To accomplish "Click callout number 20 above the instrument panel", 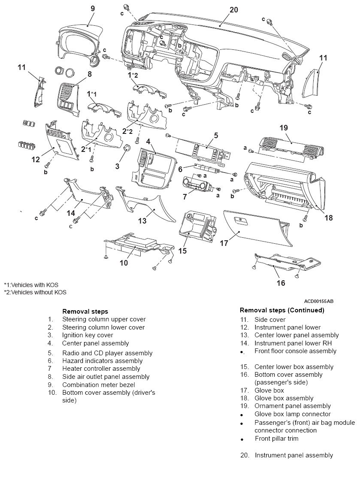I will point(233,10).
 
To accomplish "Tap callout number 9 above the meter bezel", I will point(93,8).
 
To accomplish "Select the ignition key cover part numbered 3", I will point(127,149).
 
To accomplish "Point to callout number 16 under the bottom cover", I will point(281,283).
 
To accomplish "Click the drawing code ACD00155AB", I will point(318,301).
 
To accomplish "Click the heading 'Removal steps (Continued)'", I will point(282,310).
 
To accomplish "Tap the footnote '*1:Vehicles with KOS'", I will point(31,284).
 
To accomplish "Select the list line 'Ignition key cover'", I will point(88,335).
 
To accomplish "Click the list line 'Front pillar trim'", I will point(276,439).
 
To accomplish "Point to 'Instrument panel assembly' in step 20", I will point(294,455).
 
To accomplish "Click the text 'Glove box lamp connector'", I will point(292,414).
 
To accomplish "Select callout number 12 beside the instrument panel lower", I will point(36,160).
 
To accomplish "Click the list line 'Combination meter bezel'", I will point(98,384).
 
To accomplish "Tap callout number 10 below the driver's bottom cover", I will point(124,263).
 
